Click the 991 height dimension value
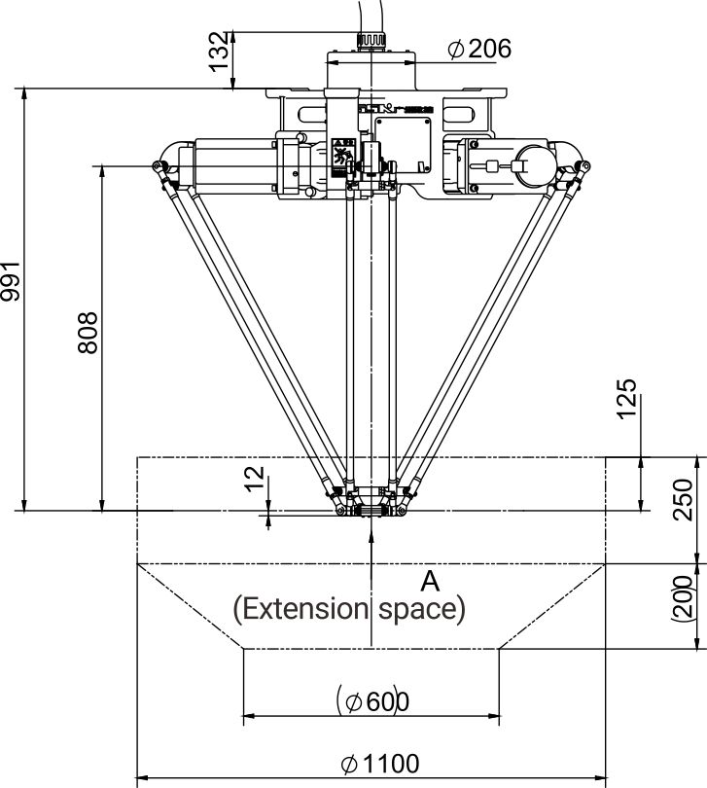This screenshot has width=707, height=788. click(11, 283)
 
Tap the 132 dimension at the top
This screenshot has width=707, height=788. click(223, 49)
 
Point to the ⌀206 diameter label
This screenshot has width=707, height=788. click(479, 48)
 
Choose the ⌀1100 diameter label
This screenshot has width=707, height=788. click(380, 763)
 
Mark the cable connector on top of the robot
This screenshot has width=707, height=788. click(371, 40)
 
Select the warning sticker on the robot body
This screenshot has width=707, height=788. click(342, 155)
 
